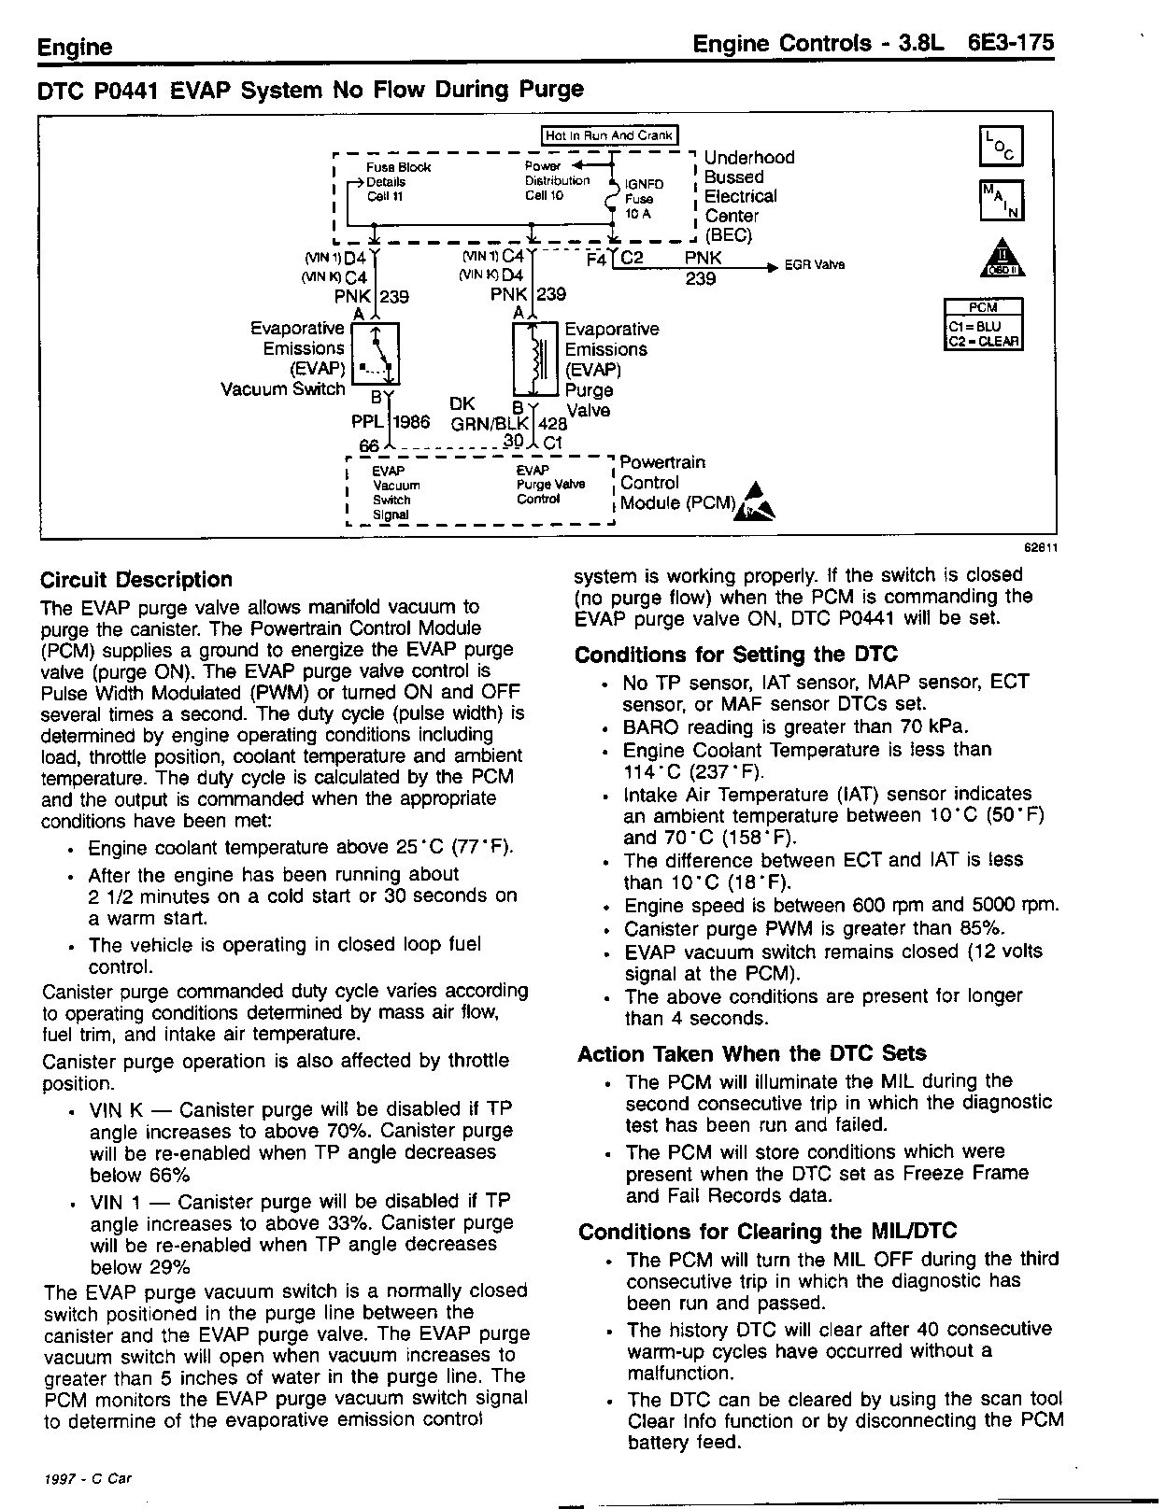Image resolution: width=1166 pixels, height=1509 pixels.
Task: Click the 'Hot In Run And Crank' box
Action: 610,135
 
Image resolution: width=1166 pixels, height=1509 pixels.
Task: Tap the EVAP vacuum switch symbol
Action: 376,353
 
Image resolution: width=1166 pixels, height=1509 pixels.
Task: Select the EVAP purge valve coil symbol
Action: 536,360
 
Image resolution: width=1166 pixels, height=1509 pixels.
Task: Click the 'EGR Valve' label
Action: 815,265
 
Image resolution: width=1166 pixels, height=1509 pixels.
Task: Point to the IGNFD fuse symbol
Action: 612,199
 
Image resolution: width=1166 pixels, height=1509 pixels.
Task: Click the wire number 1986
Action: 411,422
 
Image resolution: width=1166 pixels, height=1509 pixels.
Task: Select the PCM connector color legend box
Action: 984,324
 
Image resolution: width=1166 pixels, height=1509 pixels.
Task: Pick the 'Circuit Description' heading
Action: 136,580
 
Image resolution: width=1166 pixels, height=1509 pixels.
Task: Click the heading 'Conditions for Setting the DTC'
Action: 736,655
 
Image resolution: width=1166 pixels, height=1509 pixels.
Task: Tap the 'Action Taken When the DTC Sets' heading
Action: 752,1054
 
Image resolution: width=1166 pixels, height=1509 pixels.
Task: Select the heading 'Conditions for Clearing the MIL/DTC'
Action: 768,1232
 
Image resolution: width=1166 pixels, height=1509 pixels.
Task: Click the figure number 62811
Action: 1040,549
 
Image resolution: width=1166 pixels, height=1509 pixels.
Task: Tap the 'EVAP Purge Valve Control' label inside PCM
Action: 550,485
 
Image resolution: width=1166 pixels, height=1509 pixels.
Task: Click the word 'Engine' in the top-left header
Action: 75,48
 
